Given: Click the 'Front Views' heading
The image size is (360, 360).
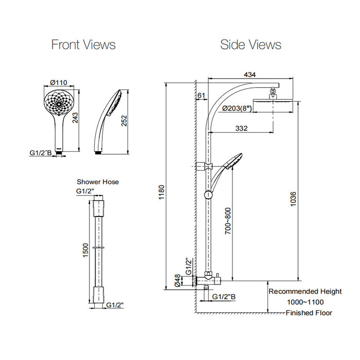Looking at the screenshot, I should click(83, 45).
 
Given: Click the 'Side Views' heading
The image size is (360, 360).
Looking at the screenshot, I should click(250, 45).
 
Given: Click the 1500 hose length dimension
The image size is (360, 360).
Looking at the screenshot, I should click(86, 250).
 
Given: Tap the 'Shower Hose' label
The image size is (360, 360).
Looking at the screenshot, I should click(98, 182).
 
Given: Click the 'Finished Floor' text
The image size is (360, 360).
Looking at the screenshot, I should click(309, 313).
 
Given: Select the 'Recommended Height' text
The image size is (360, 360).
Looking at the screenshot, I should click(305, 292).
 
